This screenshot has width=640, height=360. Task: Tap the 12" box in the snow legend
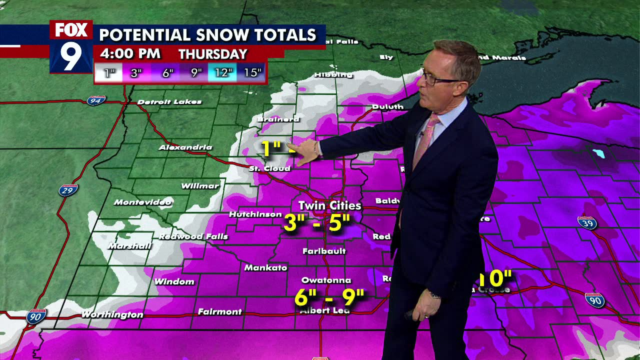pyautogui.click(x=222, y=73)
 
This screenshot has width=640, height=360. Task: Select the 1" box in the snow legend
pyautogui.click(x=109, y=73)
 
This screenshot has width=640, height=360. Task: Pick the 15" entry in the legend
pyautogui.click(x=252, y=73)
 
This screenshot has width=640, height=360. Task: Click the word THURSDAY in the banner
pyautogui.click(x=213, y=54)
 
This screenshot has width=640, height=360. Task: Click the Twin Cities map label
pyautogui.click(x=329, y=205)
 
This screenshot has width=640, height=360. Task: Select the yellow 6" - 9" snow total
pyautogui.click(x=329, y=297)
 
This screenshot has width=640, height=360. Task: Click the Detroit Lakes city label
pyautogui.click(x=169, y=102)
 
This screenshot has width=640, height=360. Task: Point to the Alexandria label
pyautogui.click(x=185, y=147)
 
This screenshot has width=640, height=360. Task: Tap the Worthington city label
pyautogui.click(x=112, y=314)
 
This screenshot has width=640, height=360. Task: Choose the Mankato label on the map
pyautogui.click(x=265, y=268)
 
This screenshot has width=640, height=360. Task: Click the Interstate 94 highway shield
pyautogui.click(x=95, y=100)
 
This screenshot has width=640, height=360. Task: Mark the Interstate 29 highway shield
pyautogui.click(x=67, y=190)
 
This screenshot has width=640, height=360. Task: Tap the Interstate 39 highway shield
pyautogui.click(x=586, y=223)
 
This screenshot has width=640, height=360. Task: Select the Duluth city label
pyautogui.click(x=387, y=106)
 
